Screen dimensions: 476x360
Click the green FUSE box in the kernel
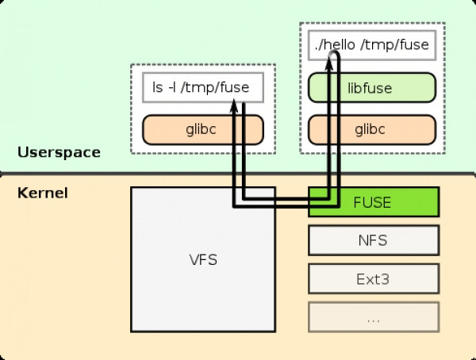[x=374, y=202]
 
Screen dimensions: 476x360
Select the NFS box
[x=374, y=240]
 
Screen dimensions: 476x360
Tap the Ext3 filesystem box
[x=374, y=278]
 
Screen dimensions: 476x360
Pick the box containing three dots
[x=374, y=317]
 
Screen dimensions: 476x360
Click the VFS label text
[x=203, y=260]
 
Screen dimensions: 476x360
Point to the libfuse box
[x=372, y=87]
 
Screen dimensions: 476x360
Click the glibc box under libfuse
[x=372, y=129]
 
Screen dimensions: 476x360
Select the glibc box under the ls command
[x=203, y=129]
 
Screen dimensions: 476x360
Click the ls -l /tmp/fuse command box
[x=203, y=87]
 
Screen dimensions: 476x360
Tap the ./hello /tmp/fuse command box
[x=372, y=45]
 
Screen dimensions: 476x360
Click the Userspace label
[x=59, y=152]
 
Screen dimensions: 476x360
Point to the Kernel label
[x=43, y=193]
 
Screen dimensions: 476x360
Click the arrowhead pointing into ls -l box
[x=234, y=105]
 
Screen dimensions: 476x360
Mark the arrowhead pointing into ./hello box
[x=329, y=63]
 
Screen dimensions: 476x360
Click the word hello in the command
[x=338, y=44]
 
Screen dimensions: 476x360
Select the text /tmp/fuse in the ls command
[x=215, y=87]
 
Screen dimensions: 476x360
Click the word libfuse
[x=370, y=88]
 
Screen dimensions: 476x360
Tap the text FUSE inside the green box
[x=372, y=202]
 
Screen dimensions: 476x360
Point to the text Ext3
[x=373, y=279]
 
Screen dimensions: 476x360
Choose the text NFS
[x=373, y=240]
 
